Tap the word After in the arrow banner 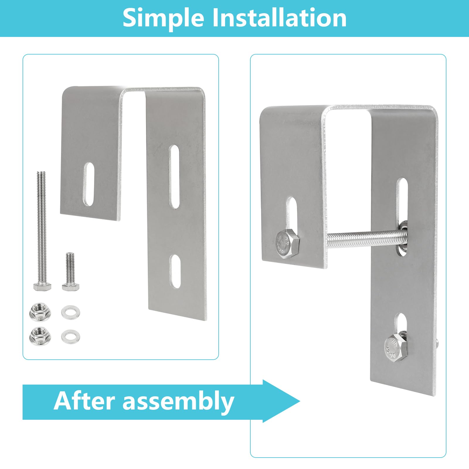click(x=84, y=401)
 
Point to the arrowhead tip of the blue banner click(x=300, y=401)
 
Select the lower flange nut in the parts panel click(x=40, y=336)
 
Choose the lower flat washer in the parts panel click(x=70, y=336)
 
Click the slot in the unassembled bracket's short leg click(x=89, y=184)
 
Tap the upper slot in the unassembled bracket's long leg click(x=174, y=176)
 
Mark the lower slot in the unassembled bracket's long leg click(x=176, y=271)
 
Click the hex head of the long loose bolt click(x=43, y=287)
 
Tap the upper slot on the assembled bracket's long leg click(x=402, y=205)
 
